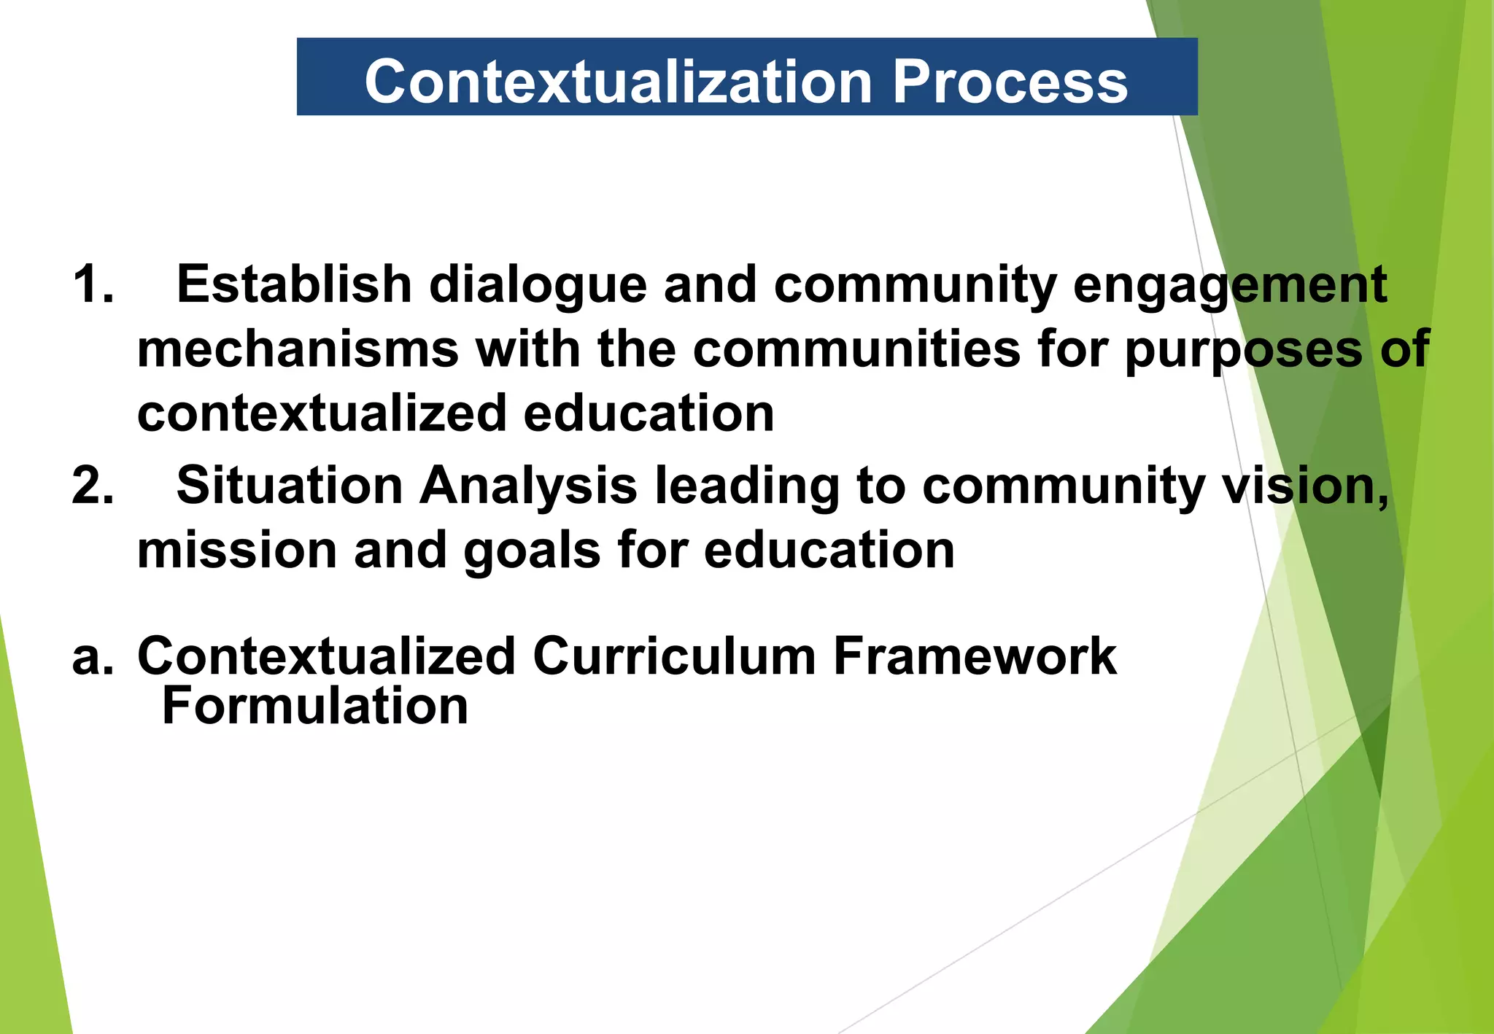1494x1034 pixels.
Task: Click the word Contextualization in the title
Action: tap(618, 82)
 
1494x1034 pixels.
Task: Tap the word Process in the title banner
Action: tap(1010, 82)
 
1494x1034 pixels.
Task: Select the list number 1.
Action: tap(93, 284)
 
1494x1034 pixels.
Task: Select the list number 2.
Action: tap(93, 486)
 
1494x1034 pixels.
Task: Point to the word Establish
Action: tap(294, 284)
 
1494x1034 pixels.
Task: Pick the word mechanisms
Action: tap(298, 349)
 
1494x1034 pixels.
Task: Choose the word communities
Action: tap(856, 349)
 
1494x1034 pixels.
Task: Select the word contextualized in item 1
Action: tap(322, 413)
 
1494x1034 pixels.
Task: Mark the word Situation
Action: tap(290, 486)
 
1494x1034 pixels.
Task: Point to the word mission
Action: tap(236, 550)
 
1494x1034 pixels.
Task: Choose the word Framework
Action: tap(975, 656)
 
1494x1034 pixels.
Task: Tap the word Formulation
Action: tap(315, 706)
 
